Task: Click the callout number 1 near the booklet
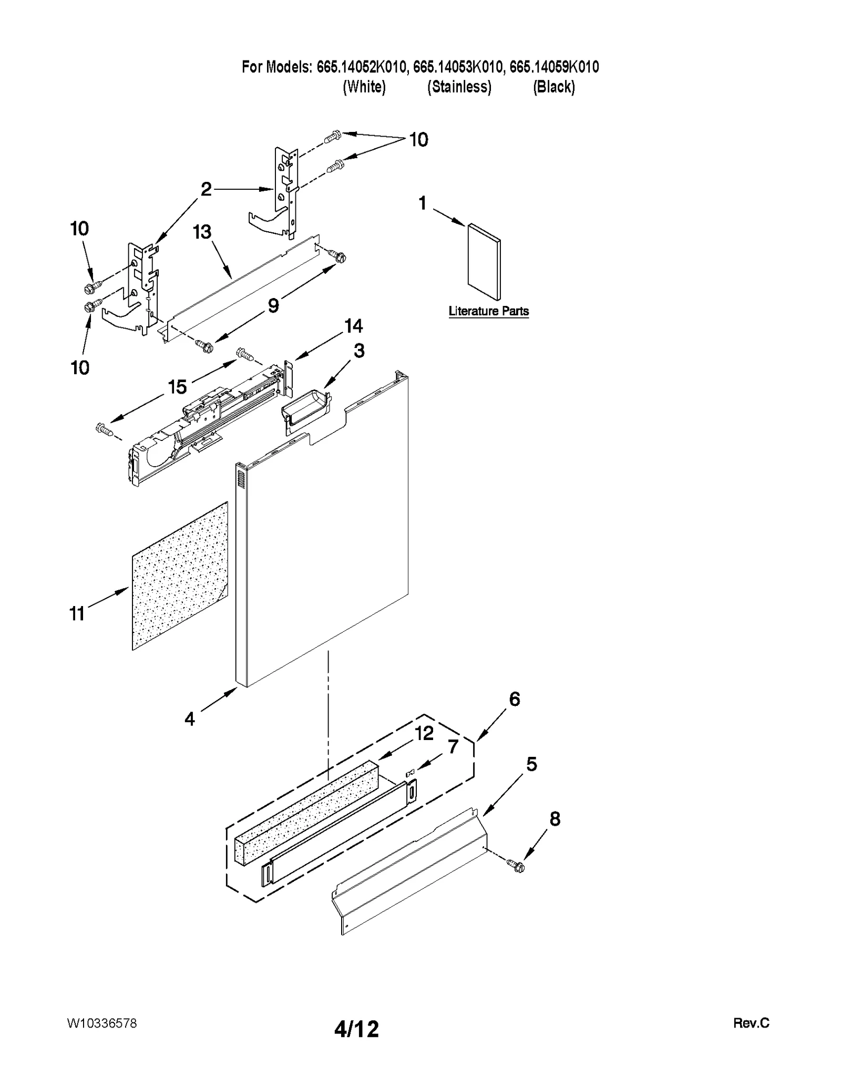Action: click(423, 203)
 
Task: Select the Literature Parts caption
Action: click(488, 311)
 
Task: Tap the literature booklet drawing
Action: click(484, 262)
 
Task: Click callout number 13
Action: click(202, 232)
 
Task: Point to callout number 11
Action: click(77, 613)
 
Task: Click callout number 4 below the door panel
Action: click(190, 719)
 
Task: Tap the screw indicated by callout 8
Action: click(516, 866)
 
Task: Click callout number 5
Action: click(531, 764)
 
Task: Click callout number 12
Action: click(424, 733)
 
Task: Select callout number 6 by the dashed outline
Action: click(514, 699)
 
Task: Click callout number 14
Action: click(353, 326)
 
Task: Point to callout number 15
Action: click(177, 387)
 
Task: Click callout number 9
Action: click(273, 305)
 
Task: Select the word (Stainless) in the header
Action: click(459, 87)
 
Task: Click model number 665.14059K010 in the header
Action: click(554, 67)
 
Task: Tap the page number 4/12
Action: click(356, 1029)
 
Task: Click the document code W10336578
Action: click(102, 1023)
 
